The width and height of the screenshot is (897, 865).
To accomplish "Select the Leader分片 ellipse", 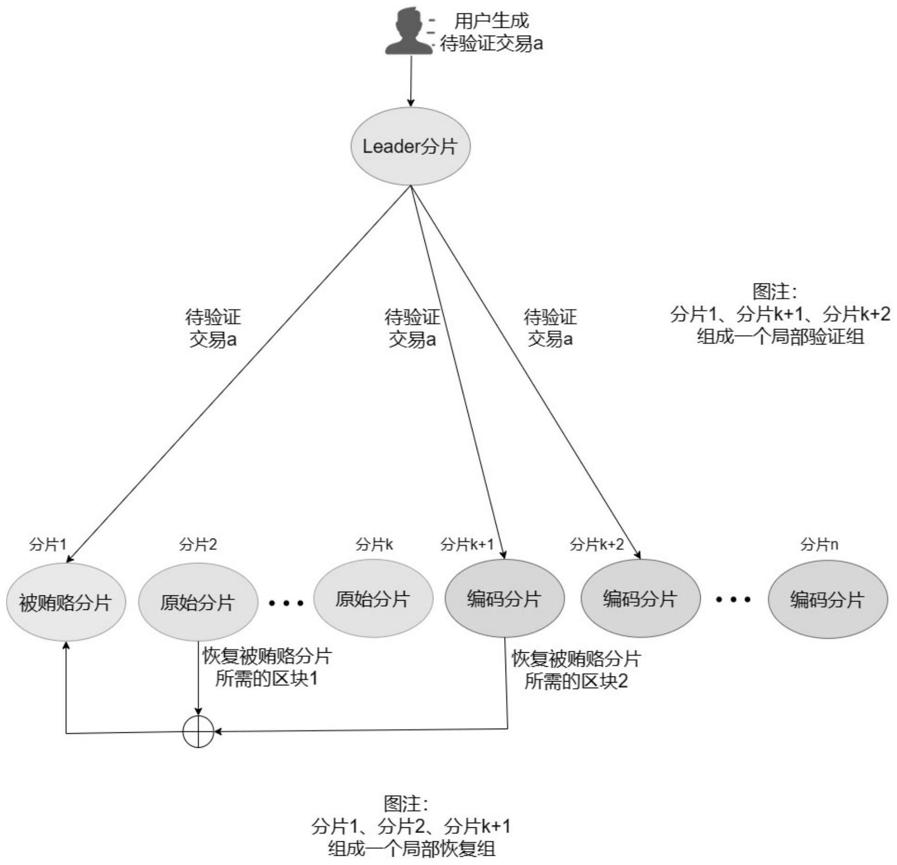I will (411, 146).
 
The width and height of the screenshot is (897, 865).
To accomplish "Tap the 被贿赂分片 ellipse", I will (66, 602).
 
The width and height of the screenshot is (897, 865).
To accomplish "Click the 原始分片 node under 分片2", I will (198, 602).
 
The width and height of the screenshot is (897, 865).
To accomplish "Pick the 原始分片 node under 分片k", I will (373, 599).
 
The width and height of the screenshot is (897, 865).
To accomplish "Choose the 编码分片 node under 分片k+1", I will (505, 599).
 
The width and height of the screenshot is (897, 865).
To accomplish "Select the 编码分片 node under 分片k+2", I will (640, 599).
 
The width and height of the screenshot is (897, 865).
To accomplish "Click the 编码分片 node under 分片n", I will (827, 600).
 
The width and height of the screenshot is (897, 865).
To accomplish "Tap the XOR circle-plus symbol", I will (198, 731).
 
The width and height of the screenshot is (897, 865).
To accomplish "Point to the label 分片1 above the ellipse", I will (48, 544).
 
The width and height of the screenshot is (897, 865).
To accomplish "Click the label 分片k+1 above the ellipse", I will (467, 544).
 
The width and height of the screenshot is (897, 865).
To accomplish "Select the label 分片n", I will (819, 544).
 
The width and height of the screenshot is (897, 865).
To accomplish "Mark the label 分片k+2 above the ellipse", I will (597, 544).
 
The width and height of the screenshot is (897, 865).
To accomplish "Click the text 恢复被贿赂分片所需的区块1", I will (266, 667).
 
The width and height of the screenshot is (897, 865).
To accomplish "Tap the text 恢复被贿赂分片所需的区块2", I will (576, 670).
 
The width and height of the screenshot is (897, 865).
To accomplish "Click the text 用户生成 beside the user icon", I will (492, 21).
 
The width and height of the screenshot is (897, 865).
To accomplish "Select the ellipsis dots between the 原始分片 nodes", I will (286, 602).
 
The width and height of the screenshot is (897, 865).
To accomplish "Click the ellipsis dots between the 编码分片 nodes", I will (733, 600).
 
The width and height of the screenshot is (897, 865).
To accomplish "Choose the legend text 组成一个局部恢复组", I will (412, 849).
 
